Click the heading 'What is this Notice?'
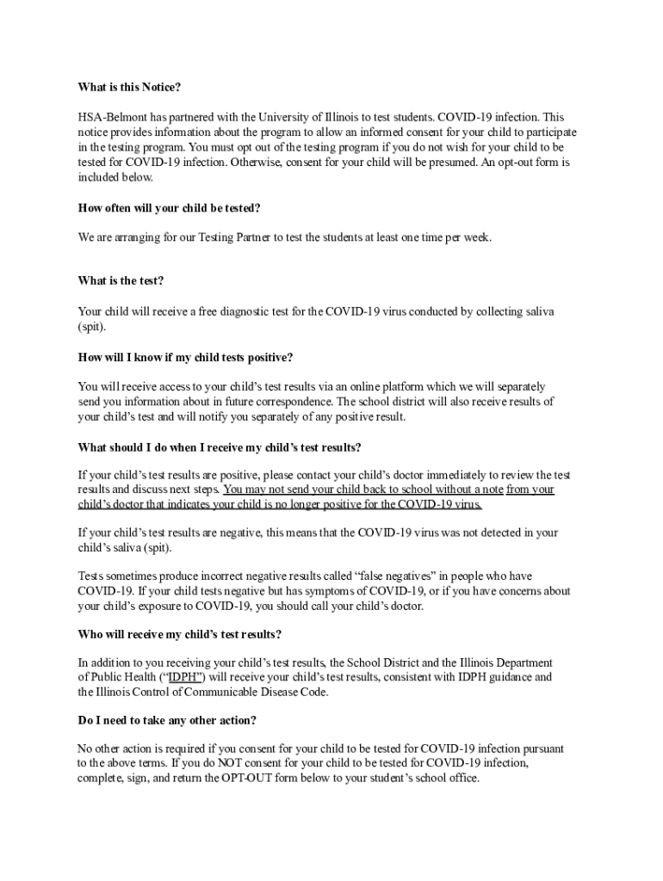pyautogui.click(x=129, y=88)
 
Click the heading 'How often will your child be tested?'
pyautogui.click(x=169, y=208)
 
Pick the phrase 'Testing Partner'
pyautogui.click(x=231, y=237)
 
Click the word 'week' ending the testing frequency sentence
pyautogui.click(x=476, y=237)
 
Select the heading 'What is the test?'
pyautogui.click(x=121, y=281)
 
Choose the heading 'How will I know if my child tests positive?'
pyautogui.click(x=185, y=357)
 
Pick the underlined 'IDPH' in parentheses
pyautogui.click(x=184, y=677)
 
